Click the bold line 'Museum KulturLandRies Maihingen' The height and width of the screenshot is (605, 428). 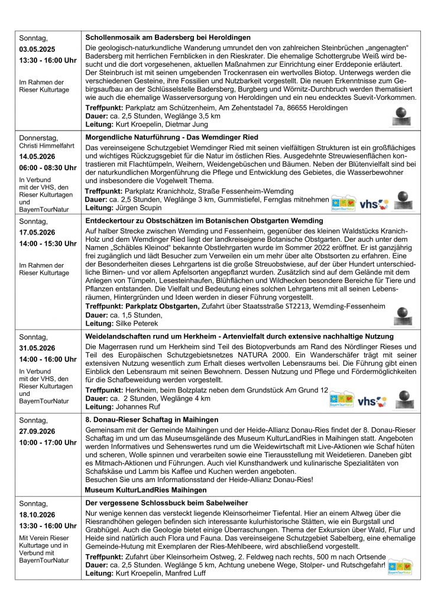(150, 490)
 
